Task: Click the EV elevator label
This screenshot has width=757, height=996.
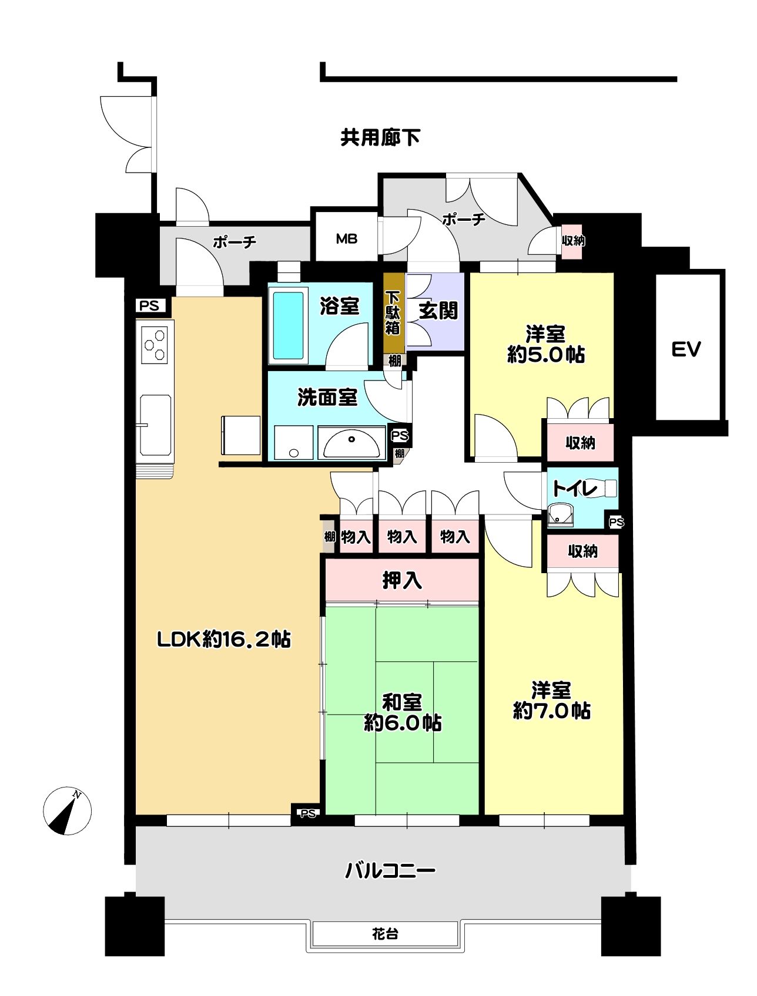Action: click(x=686, y=350)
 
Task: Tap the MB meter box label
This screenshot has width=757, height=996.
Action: click(x=347, y=239)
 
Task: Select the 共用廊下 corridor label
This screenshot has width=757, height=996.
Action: click(x=380, y=137)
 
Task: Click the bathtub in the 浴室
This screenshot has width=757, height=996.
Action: click(x=289, y=326)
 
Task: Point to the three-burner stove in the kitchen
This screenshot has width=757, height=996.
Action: click(x=155, y=345)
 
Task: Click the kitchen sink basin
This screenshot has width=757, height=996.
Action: click(x=156, y=424)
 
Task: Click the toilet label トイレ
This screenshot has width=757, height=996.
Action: click(x=575, y=488)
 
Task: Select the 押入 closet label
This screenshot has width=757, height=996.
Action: click(x=402, y=580)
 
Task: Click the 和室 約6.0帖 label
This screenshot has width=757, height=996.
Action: click(x=403, y=712)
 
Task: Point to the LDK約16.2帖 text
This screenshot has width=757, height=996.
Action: click(x=224, y=640)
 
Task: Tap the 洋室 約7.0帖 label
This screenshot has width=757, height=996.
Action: click(x=551, y=700)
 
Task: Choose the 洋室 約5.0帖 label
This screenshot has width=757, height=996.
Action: click(x=545, y=344)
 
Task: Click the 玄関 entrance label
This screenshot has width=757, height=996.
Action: click(x=438, y=311)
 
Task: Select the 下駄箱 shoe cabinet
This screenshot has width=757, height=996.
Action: click(x=393, y=312)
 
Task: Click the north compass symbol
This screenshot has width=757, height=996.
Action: click(x=68, y=810)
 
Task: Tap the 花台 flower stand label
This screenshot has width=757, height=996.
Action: click(x=385, y=933)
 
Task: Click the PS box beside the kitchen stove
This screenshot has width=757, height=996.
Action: click(x=150, y=306)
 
